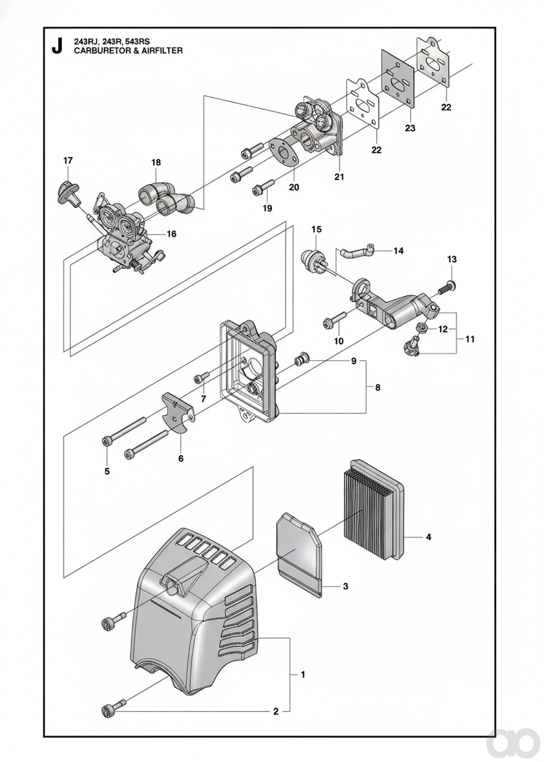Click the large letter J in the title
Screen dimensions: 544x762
coord(57,46)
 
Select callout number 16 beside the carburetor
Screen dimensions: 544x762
coord(171,234)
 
